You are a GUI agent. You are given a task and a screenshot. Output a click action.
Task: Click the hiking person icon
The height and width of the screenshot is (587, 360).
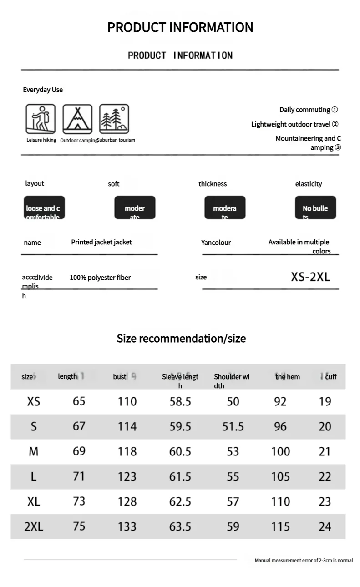coord(41,119)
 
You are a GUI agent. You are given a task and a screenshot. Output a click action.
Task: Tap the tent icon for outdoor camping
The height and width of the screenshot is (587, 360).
coord(77,119)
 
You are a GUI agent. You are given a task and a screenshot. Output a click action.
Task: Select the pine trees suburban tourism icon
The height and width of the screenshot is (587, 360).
coord(114,119)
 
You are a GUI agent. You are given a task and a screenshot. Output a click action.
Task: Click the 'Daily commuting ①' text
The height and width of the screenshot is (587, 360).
coord(308,110)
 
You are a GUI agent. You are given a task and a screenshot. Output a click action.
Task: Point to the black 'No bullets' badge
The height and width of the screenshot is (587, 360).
coord(315,208)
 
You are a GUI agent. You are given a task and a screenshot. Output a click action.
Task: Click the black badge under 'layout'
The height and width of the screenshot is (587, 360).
coord(44,208)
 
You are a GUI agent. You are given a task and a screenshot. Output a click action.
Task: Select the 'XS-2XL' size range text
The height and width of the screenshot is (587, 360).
coord(310,277)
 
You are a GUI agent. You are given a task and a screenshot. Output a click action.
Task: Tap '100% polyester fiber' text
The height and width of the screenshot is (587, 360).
coord(100,278)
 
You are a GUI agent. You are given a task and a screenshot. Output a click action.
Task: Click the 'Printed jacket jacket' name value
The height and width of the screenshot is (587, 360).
coord(101,242)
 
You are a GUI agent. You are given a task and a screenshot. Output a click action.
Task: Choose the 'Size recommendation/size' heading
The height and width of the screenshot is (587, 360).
coord(181,339)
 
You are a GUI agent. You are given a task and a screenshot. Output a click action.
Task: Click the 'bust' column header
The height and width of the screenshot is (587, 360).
coord(120,376)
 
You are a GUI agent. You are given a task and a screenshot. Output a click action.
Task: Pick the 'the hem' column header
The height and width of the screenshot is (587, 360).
coord(288,376)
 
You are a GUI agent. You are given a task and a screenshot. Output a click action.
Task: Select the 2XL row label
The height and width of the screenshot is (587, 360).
coord(34,526)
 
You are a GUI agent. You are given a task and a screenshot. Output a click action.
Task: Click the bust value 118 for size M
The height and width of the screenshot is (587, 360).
coord(127,451)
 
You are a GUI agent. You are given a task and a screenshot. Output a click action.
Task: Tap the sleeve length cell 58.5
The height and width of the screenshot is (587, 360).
coord(180,401)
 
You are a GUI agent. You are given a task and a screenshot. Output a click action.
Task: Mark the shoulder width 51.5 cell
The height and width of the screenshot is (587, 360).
coord(233,426)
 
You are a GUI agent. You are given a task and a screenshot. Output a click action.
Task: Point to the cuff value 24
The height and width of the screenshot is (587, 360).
coord(325,526)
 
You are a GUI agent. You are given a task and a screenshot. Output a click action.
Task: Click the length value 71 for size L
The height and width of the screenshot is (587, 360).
coord(79,476)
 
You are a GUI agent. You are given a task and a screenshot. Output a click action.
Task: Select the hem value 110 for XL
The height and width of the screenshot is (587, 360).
coord(280,501)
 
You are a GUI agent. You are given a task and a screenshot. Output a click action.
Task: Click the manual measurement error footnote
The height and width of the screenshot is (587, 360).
coord(304,560)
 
